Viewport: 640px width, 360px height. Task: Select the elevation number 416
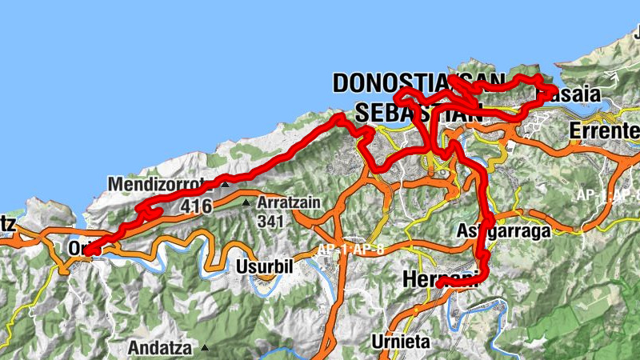click(x=196, y=207)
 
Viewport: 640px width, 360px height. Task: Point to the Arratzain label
click(x=289, y=203)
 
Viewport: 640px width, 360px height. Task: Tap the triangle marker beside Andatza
click(x=205, y=348)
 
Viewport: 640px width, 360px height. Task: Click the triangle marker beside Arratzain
click(x=246, y=203)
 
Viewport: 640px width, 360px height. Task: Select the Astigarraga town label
click(x=504, y=231)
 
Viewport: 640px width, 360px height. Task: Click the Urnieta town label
click(x=401, y=342)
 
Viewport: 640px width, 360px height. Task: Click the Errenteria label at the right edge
click(x=605, y=130)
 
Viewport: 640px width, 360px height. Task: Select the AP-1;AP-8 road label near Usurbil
click(x=351, y=250)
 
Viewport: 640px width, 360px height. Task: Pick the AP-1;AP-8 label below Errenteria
click(x=608, y=194)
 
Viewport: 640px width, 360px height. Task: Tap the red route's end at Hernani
click(x=439, y=284)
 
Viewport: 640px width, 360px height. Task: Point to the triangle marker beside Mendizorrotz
click(x=226, y=185)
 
